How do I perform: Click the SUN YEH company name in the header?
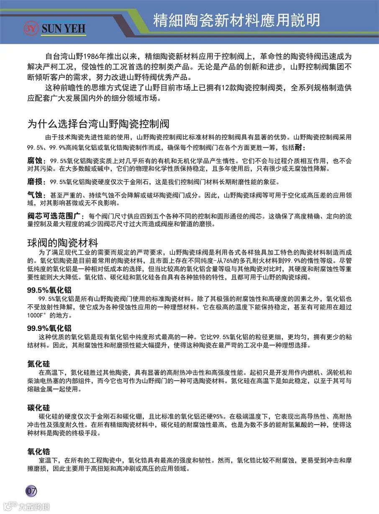click(x=63, y=28)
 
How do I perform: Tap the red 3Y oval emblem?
click(x=32, y=28)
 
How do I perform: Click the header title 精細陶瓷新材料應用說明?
click(x=236, y=20)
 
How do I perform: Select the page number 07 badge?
click(x=32, y=490)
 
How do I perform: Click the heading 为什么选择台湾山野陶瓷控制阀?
click(x=98, y=124)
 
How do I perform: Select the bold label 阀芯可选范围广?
click(x=54, y=216)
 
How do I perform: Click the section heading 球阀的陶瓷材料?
click(x=63, y=242)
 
